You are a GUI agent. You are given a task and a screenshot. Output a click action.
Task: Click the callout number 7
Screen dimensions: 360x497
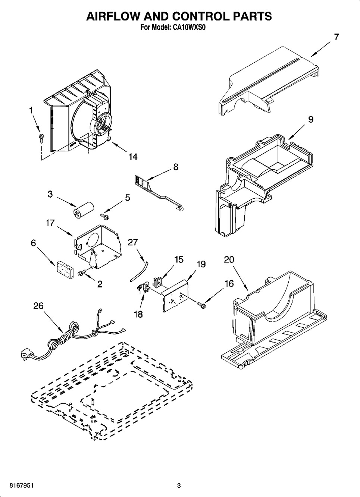coord(336,37)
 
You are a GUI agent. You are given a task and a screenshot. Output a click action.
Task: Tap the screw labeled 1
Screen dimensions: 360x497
coord(41,138)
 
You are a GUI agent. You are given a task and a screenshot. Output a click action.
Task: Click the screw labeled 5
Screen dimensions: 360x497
coord(104,216)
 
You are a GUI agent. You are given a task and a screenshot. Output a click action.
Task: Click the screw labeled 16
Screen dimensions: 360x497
coord(201,305)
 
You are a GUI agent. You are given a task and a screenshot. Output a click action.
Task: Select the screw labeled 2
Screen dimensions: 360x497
coord(81,273)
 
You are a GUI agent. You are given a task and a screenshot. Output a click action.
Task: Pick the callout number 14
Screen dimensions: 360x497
coord(133,157)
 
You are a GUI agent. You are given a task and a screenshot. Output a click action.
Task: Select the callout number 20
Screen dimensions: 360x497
coord(229,259)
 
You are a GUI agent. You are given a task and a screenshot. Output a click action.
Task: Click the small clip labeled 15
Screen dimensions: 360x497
coord(157,281)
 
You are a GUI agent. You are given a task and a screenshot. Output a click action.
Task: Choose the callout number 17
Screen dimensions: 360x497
coord(50,223)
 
